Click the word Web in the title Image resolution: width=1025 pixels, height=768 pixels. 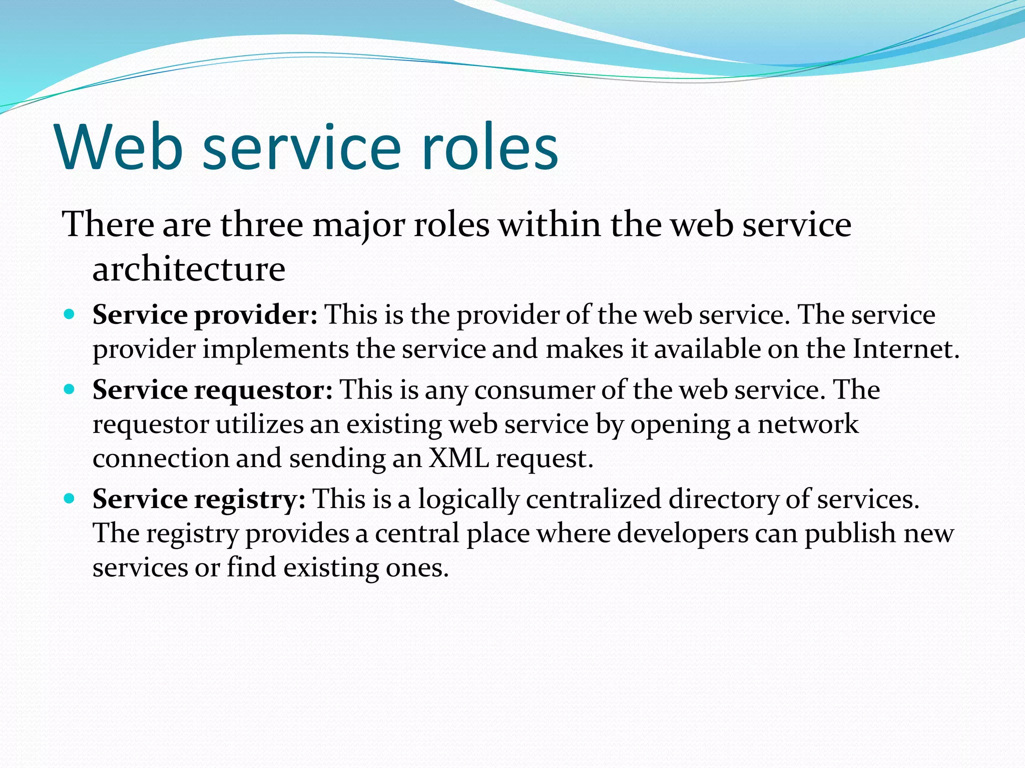[x=119, y=146]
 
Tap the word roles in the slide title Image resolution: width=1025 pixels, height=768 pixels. [x=489, y=146]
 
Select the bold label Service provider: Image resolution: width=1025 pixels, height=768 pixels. [x=205, y=315]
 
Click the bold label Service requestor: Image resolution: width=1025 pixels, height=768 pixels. [x=212, y=390]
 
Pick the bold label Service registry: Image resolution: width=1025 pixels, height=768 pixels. [x=199, y=499]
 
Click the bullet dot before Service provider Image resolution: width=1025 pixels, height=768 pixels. [x=70, y=314]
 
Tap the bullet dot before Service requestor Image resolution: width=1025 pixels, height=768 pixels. [x=70, y=389]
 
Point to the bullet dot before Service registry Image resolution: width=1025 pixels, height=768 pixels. [x=70, y=498]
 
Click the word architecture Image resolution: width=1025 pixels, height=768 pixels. [x=189, y=269]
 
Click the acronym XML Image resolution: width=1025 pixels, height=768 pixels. [x=458, y=458]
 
